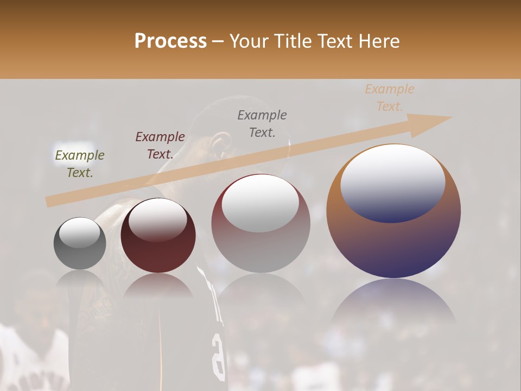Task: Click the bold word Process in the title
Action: pos(170,41)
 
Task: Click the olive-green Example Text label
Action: pos(80,163)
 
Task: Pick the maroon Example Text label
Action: pos(160,145)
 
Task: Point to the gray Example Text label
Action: pos(262,123)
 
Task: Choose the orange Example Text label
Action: pos(389,97)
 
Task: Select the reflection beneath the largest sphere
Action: pos(393,304)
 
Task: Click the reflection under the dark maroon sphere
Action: pos(158,285)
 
